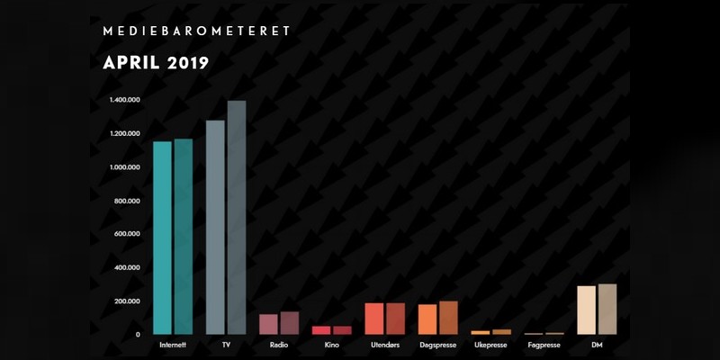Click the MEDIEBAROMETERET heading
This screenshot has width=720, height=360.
(x=197, y=31)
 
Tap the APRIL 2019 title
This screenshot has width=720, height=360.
(x=156, y=63)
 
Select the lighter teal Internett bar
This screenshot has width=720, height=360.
(x=162, y=238)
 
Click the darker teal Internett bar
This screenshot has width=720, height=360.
(x=184, y=237)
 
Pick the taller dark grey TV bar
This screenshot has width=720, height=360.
(x=237, y=218)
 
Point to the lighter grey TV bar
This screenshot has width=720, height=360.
(x=215, y=228)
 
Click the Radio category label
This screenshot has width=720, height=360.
(x=279, y=345)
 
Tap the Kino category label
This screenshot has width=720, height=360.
(x=331, y=345)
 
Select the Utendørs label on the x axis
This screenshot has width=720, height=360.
(x=385, y=345)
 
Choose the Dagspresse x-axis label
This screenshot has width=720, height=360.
(x=437, y=346)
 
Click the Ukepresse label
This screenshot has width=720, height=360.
(x=490, y=346)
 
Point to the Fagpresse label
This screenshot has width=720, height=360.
(x=544, y=346)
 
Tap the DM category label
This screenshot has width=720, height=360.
(x=597, y=345)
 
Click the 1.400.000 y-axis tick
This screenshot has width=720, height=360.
(x=125, y=100)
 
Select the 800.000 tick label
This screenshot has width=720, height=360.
(x=127, y=201)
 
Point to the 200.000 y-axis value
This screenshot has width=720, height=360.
(x=127, y=301)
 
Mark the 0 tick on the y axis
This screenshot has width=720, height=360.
(x=138, y=335)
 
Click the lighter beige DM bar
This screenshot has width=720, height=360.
(x=587, y=310)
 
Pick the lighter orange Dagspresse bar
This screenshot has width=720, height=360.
(x=427, y=319)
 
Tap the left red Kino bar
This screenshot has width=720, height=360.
(x=321, y=330)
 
